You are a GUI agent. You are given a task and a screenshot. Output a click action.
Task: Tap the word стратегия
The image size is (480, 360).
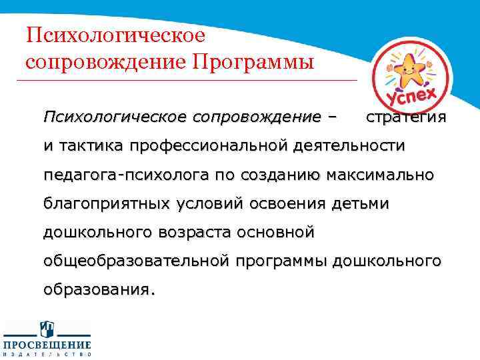(x=406, y=117)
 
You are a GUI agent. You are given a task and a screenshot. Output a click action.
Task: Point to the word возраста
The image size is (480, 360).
(x=188, y=232)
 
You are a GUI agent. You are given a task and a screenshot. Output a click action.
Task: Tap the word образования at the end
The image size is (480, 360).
(x=99, y=290)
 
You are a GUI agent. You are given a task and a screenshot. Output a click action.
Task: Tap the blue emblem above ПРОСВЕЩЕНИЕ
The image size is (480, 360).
(x=46, y=329)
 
